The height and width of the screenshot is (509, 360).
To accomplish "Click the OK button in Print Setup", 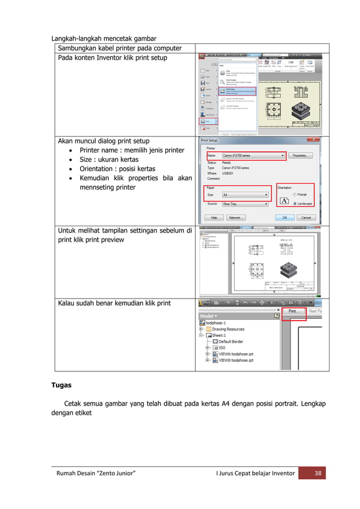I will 286,217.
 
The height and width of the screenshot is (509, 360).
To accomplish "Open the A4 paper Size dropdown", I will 244,195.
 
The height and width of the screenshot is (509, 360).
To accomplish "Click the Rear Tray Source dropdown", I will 244,204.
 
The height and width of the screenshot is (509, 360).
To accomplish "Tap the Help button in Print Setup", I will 214,217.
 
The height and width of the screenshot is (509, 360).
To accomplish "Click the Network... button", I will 236,217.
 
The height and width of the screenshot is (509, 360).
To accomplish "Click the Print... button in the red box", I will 293,311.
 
